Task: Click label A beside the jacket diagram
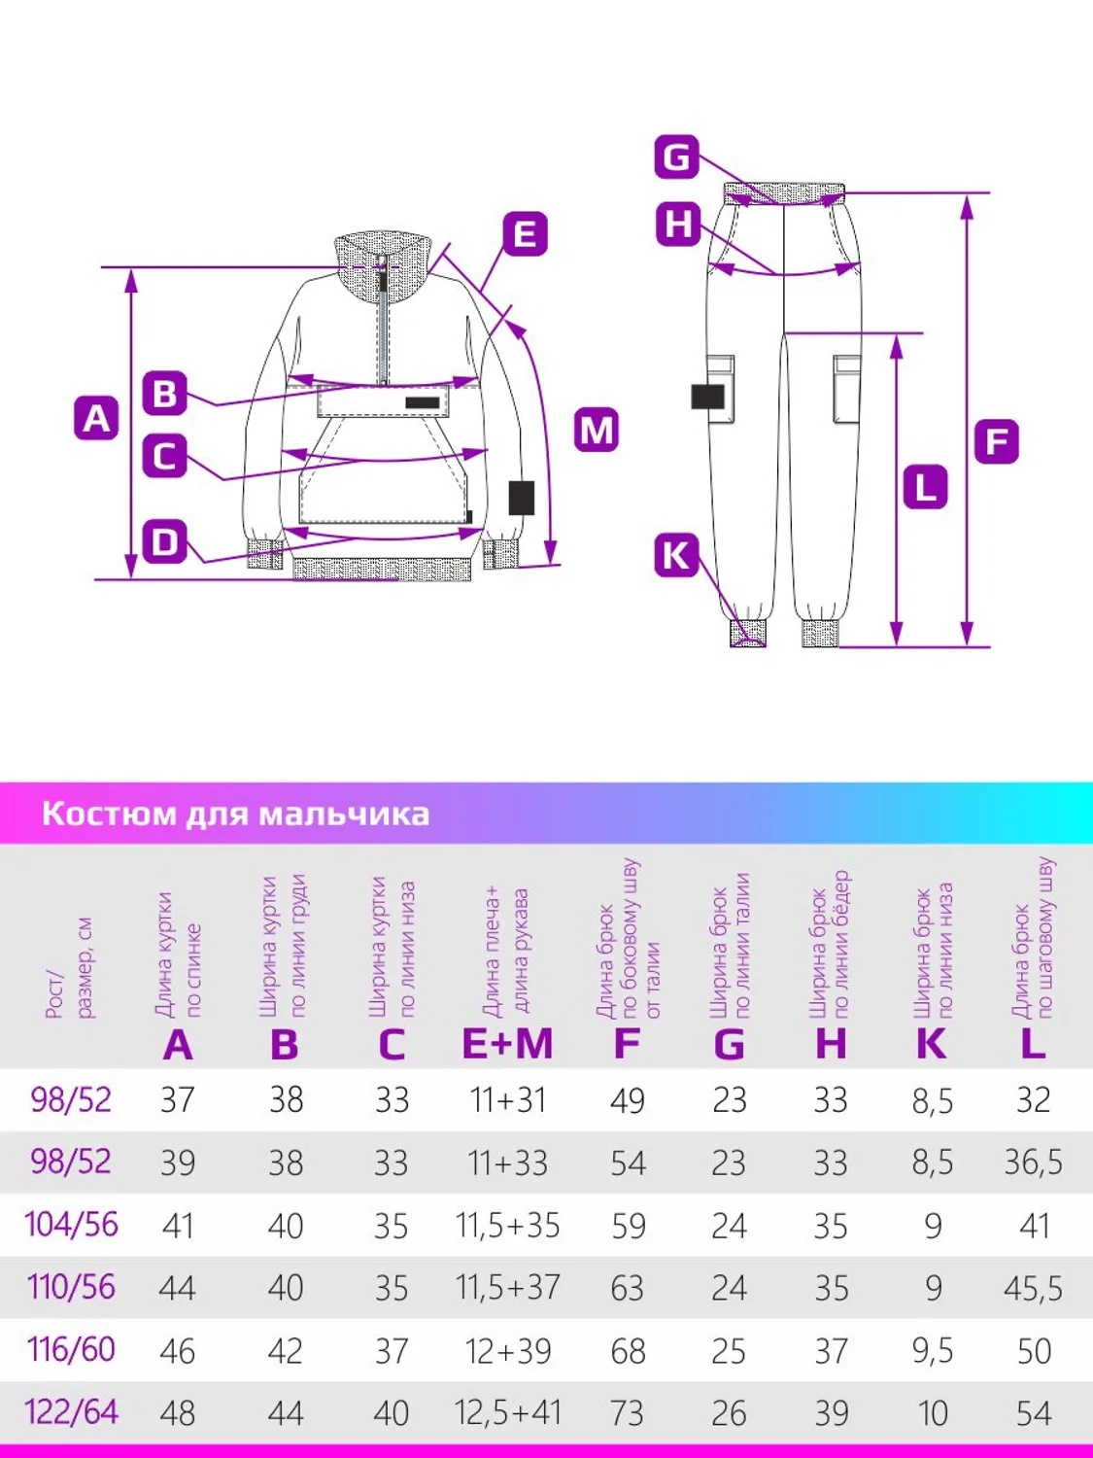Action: point(96,418)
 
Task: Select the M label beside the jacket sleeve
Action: point(597,430)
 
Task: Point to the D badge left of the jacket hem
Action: point(165,541)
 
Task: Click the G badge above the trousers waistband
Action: point(676,156)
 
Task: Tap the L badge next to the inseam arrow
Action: point(924,487)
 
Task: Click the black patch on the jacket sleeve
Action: point(522,497)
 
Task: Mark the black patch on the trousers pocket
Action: point(708,396)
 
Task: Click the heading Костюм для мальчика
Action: point(235,814)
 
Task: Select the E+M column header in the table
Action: point(507,1044)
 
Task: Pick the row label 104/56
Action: point(71,1225)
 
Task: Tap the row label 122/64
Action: point(71,1411)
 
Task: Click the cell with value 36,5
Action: point(1033,1162)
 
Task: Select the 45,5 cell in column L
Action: point(1033,1288)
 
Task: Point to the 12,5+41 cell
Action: point(507,1412)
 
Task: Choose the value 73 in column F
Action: point(628,1413)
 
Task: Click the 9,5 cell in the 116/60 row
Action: point(932,1350)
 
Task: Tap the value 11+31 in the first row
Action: point(507,1100)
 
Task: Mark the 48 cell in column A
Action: point(177,1413)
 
